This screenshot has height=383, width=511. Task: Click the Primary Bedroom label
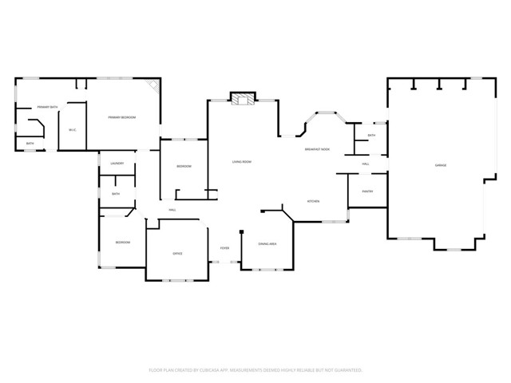(122, 117)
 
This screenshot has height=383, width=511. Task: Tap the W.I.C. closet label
(72, 130)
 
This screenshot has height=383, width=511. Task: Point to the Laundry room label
(117, 164)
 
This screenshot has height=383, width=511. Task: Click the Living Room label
(242, 162)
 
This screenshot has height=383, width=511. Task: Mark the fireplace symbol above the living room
(242, 99)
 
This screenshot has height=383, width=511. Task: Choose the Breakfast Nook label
(317, 149)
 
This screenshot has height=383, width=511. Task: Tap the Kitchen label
(314, 200)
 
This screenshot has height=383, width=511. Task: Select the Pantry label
(367, 191)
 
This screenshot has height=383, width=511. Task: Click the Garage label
(440, 165)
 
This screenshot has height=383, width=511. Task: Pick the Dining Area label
(267, 243)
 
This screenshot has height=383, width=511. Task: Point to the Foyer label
(225, 248)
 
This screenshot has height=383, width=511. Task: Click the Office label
(177, 254)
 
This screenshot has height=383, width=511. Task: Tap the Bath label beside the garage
(371, 136)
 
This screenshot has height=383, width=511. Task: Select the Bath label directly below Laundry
(116, 194)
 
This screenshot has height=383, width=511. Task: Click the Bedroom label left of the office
(122, 242)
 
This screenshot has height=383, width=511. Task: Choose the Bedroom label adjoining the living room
(184, 166)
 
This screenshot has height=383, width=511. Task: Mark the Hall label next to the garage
(366, 164)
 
